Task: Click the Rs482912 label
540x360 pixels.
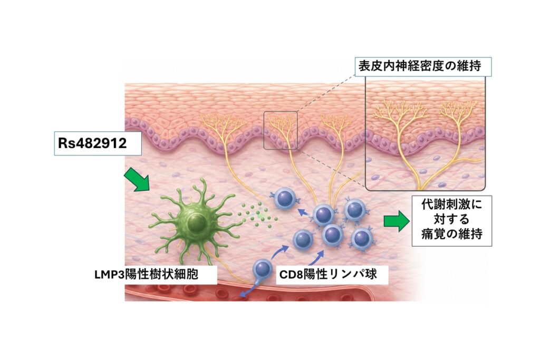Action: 98,143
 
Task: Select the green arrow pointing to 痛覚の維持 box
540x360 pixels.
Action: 397,221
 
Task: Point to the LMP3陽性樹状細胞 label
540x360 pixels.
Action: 147,275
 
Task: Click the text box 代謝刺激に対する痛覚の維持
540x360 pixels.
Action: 452,221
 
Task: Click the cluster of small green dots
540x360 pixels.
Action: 257,216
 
